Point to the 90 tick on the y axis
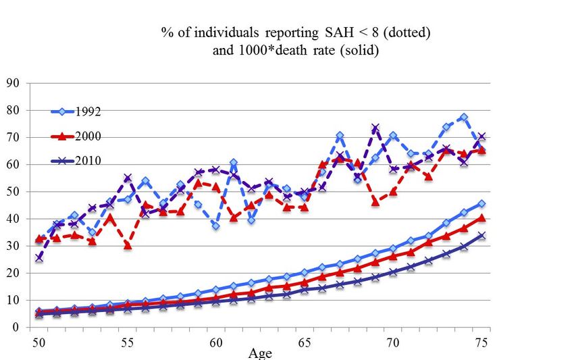[18, 83]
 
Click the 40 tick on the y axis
[18, 219]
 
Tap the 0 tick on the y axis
[21, 327]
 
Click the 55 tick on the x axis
[128, 342]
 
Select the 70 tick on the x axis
[392, 342]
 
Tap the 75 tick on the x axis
[481, 342]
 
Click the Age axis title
[261, 353]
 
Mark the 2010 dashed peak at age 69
[375, 128]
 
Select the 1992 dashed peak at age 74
[463, 118]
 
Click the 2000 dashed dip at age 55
[128, 245]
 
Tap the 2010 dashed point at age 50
[39, 258]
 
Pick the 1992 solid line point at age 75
[481, 203]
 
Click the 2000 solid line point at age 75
[481, 217]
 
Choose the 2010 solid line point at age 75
[481, 236]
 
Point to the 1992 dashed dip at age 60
[215, 226]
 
